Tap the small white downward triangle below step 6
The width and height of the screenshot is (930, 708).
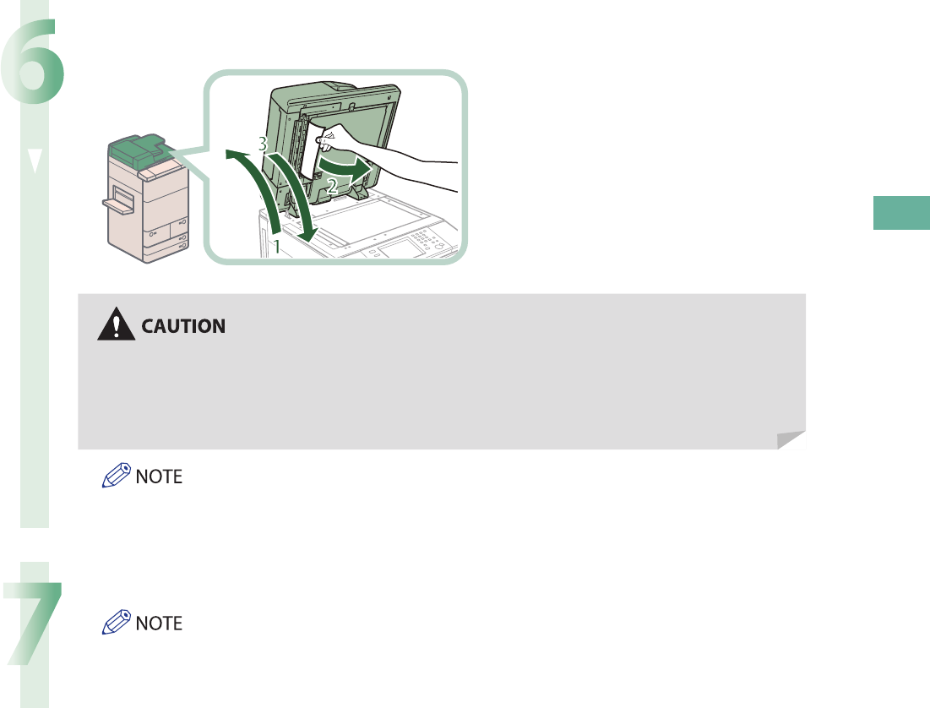pos(32,162)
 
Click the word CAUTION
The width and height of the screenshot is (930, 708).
pos(183,325)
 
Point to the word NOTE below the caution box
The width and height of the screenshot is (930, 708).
pos(160,477)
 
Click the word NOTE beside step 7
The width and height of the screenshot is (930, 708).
pos(160,624)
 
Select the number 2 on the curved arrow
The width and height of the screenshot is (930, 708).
pos(333,189)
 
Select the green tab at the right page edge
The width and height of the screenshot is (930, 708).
pos(901,212)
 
